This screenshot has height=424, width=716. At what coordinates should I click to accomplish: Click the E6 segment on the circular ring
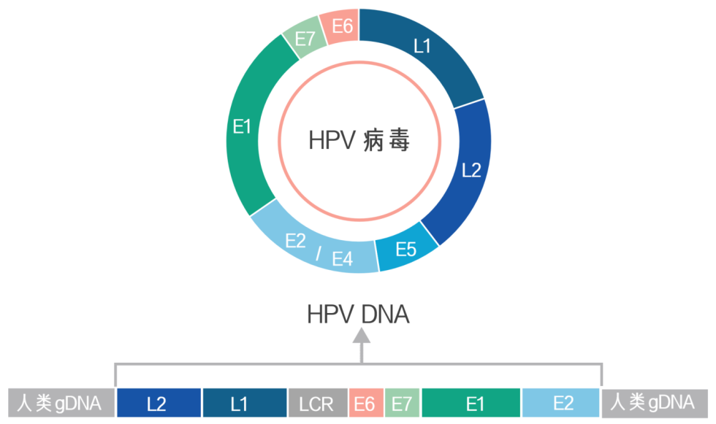341,28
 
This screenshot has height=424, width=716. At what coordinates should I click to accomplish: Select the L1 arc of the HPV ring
422,47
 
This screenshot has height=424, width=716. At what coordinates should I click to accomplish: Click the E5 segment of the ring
406,250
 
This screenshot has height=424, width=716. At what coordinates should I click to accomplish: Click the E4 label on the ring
343,258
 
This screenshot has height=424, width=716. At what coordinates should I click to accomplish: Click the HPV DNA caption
358,315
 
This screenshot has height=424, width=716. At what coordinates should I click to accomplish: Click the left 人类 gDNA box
61,403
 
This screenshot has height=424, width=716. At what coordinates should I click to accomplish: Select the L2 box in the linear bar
159,403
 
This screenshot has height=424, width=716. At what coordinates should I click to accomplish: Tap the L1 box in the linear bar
244,403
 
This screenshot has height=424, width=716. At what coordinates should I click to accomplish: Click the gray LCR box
317,403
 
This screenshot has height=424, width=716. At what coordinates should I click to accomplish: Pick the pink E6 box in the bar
365,403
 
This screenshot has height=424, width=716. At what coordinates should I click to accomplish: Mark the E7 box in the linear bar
402,403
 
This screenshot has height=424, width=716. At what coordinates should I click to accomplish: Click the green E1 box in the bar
471,403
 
